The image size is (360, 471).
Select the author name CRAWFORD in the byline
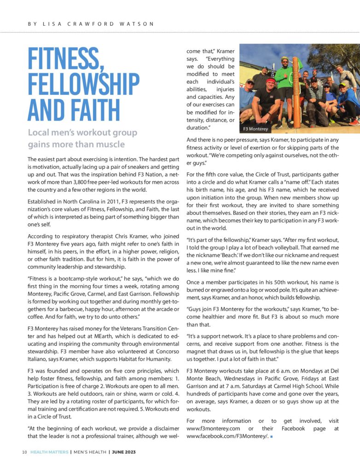tap(96, 23)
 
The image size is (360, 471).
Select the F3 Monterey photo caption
tap(255, 129)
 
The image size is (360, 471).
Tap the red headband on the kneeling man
tap(270, 81)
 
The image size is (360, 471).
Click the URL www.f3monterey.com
tap(215, 428)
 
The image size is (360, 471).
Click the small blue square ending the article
tap(272, 437)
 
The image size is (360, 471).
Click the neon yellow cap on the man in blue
tap(343, 83)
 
